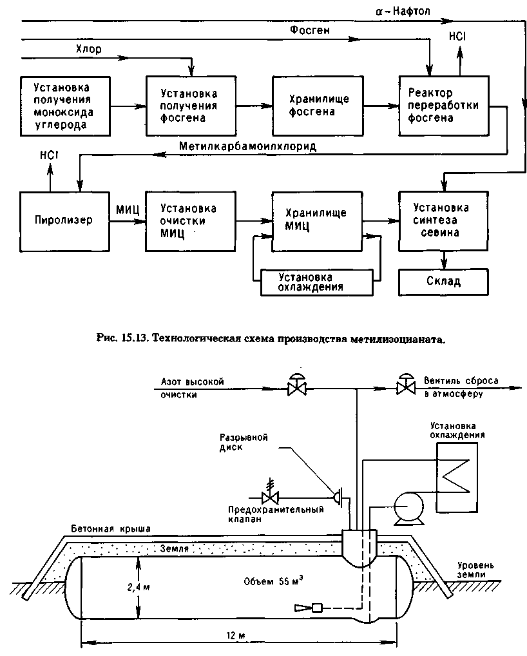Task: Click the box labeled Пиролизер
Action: pos(65,221)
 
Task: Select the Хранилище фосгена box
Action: pos(318,106)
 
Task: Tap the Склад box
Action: pos(443,282)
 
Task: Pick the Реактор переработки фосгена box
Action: pos(444,106)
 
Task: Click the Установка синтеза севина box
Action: pos(443,221)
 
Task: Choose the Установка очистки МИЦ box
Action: pos(191,221)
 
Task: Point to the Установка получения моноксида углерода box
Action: pos(65,106)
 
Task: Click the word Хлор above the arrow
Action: pos(89,50)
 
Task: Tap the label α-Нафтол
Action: pos(403,11)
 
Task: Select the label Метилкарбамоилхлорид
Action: pos(247,146)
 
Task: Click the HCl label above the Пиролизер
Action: pos(49,155)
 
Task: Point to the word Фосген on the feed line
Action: pos(310,30)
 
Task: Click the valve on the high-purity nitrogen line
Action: pos(297,385)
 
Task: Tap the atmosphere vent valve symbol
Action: pos(406,385)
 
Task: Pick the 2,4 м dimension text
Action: pos(139,588)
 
